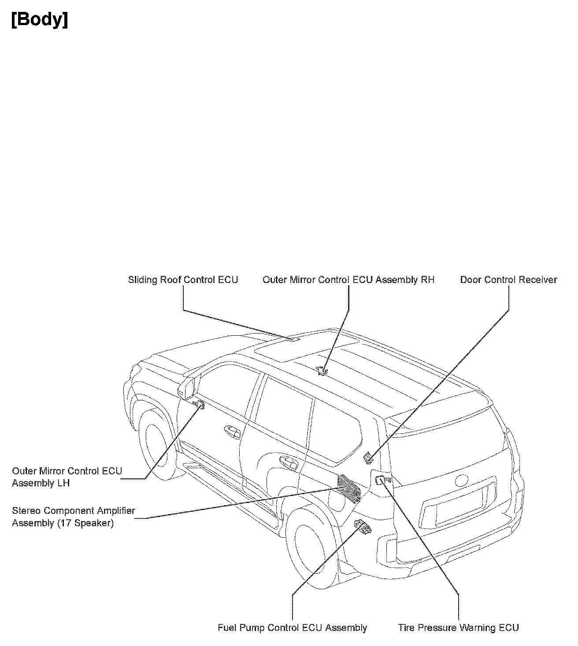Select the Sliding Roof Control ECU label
[183, 280]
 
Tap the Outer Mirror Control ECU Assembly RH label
[348, 280]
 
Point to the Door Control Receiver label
[508, 280]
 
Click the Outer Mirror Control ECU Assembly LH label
[67, 477]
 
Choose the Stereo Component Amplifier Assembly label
[73, 517]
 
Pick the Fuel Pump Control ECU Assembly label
[292, 628]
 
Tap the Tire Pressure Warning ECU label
[458, 628]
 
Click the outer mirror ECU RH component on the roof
[323, 371]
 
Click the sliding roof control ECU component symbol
[291, 339]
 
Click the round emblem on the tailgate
[463, 480]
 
